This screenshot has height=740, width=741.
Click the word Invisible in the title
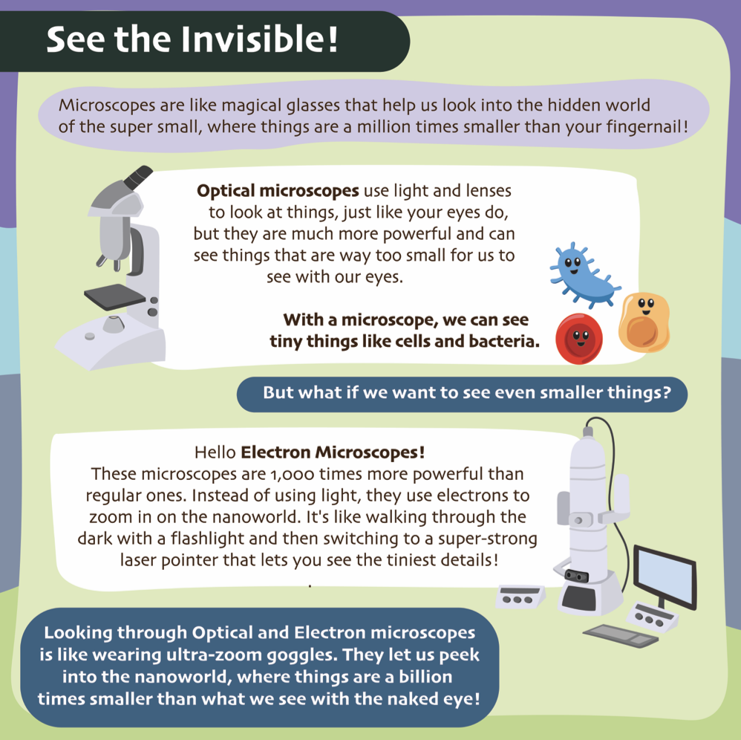tap(259, 39)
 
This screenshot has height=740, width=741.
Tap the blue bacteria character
tap(584, 273)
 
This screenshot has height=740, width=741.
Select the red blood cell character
tap(579, 339)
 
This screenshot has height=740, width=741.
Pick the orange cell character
tap(644, 322)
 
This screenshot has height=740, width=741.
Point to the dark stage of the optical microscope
tap(115, 296)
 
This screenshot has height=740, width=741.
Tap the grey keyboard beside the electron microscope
tap(621, 635)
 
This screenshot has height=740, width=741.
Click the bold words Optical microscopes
tap(278, 191)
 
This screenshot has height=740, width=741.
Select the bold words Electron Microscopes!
tap(333, 452)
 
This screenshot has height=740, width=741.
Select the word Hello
tap(215, 452)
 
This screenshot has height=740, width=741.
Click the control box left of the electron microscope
tap(520, 597)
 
